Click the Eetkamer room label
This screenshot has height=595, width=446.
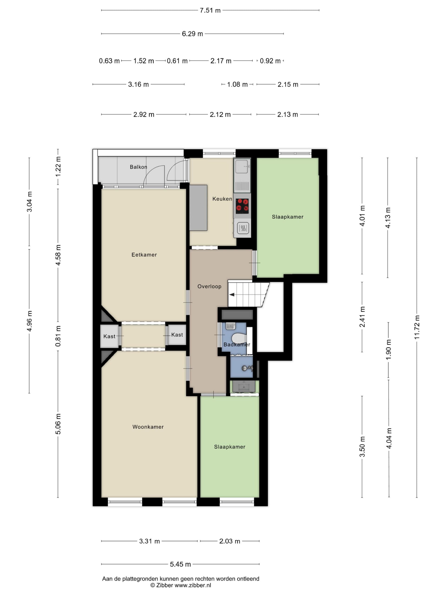144,255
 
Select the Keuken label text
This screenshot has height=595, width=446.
222,199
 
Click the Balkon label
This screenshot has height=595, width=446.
138,167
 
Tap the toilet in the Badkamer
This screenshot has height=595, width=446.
239,338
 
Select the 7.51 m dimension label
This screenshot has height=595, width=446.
210,10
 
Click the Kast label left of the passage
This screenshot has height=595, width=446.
109,336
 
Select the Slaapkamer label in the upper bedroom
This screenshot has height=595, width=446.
287,217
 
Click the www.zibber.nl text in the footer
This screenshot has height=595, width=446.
193,585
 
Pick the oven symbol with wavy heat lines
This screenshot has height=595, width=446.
243,228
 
